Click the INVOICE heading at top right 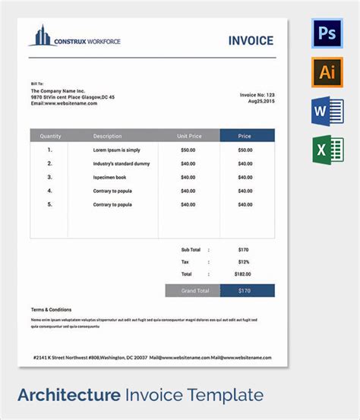[x=251, y=41]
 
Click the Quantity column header [x=50, y=136]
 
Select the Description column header [x=107, y=136]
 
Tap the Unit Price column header [x=189, y=136]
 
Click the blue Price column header [x=244, y=136]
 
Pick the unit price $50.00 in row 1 [x=188, y=150]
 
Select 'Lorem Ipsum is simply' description [x=116, y=150]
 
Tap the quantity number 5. [x=50, y=204]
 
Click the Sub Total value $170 [x=243, y=249]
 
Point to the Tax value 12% [x=243, y=261]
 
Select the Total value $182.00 [x=243, y=273]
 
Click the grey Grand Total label [x=192, y=291]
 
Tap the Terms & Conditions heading [x=52, y=310]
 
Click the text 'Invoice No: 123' [x=257, y=95]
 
